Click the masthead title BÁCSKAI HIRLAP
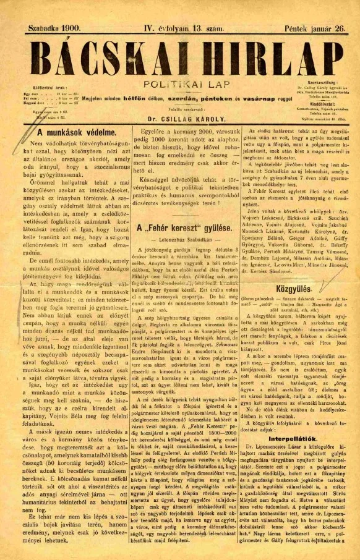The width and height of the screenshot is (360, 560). point(180,56)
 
